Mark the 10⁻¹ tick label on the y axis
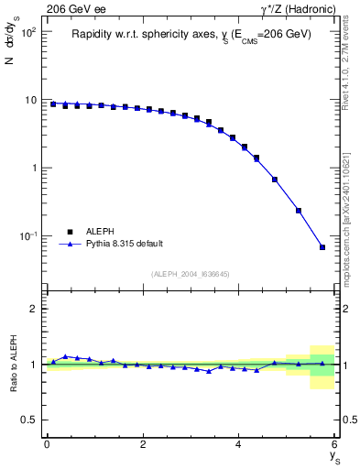pos(28,236)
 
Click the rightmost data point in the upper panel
pos(322,247)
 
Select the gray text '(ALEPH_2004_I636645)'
pos(190,273)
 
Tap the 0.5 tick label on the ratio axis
pos(30,420)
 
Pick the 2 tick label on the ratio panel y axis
pos(34,309)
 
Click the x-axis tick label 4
pos(239,444)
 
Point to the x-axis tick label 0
pos(47,444)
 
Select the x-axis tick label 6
pos(335,444)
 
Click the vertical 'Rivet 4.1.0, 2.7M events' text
pos(351,64)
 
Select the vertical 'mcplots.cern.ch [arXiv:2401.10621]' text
pos(351,211)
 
